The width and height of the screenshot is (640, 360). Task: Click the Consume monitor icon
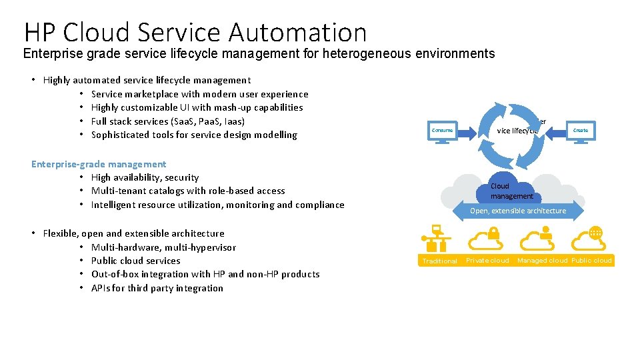click(441, 131)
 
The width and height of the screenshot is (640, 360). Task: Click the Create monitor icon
click(581, 131)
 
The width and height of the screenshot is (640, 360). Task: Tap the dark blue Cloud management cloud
click(511, 191)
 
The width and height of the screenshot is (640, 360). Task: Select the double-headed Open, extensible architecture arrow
click(518, 211)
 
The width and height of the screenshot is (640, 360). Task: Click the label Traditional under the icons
click(440, 261)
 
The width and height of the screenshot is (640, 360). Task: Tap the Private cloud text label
click(487, 261)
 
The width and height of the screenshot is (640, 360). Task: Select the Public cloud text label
click(591, 261)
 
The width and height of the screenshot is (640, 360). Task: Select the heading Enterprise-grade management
click(99, 164)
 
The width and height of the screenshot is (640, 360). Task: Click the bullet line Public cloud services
click(135, 261)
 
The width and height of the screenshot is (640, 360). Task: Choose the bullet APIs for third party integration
click(157, 288)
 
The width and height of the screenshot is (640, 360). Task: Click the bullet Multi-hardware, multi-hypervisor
click(163, 247)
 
